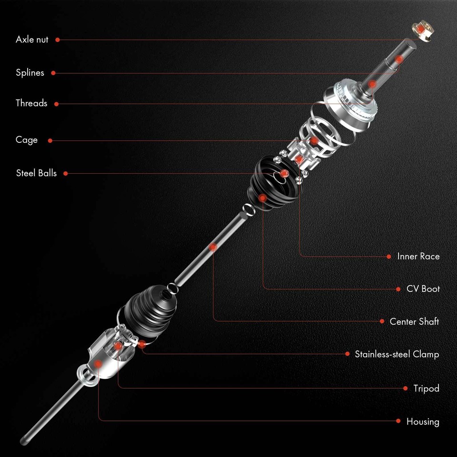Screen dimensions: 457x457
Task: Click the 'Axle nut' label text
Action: click(32, 40)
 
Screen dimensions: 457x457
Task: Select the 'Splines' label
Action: click(30, 73)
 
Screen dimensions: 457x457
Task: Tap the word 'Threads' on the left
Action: click(31, 103)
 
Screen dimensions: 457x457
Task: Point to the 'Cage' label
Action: click(26, 140)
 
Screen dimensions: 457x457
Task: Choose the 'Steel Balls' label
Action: click(36, 173)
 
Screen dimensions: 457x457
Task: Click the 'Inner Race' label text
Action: click(418, 256)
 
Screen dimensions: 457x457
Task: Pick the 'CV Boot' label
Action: click(423, 289)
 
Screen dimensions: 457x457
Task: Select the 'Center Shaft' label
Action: click(414, 321)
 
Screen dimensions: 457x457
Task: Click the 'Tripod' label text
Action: click(426, 388)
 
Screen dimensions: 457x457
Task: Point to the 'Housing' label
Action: click(423, 421)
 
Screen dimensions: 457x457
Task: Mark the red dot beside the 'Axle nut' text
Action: click(58, 40)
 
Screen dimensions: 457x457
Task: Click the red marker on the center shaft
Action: click(213, 246)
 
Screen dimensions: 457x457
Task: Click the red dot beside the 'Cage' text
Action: click(50, 140)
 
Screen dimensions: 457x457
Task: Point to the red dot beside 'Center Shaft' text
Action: click(382, 321)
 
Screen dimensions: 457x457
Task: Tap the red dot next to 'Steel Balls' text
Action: click(66, 173)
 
